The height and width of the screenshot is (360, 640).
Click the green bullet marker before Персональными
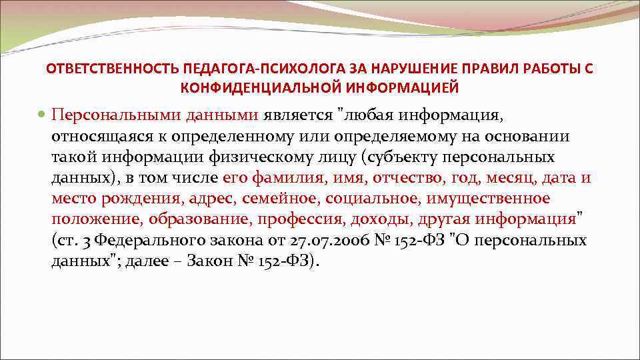coord(43,115)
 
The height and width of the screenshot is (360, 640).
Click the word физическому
coord(245,157)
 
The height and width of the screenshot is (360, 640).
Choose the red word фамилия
coord(288,178)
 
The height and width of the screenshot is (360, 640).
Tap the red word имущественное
coord(494,199)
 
